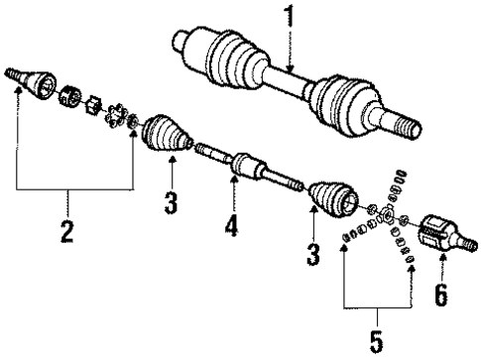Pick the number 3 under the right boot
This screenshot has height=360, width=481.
click(x=312, y=256)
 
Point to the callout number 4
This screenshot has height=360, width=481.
click(x=232, y=227)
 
